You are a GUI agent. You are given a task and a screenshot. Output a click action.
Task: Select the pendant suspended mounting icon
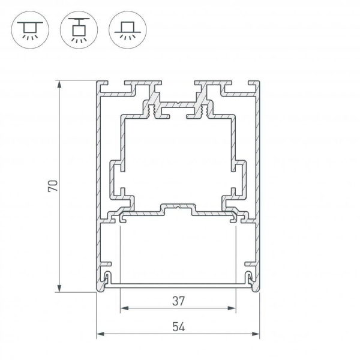pos(77,29)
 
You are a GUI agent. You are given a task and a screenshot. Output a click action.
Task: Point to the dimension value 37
pos(178,299)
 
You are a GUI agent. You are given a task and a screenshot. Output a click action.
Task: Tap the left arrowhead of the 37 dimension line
pos(124,309)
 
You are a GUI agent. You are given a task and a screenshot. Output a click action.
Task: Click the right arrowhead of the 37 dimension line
pos(232,309)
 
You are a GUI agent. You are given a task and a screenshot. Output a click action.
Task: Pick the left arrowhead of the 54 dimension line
pos(101,334)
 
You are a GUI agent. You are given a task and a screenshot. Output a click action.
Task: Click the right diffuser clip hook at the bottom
pos(249,277)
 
